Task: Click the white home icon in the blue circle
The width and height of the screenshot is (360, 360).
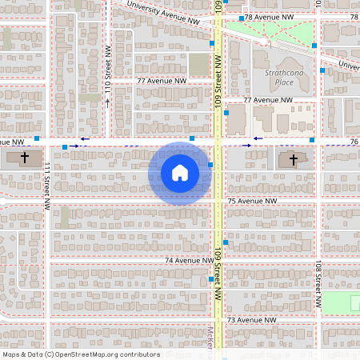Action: coord(180,173)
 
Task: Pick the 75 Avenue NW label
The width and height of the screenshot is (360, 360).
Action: coord(252,201)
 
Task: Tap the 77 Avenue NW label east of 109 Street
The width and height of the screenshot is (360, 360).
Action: coord(268,100)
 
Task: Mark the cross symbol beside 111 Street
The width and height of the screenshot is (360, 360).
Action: coord(25,158)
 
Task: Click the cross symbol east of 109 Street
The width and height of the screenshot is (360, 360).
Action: coord(292,159)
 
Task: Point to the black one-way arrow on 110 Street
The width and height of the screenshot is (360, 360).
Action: coord(107,102)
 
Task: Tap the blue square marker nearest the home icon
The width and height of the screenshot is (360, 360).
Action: coord(210,166)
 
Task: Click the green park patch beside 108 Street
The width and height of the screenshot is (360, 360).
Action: coord(340,302)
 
